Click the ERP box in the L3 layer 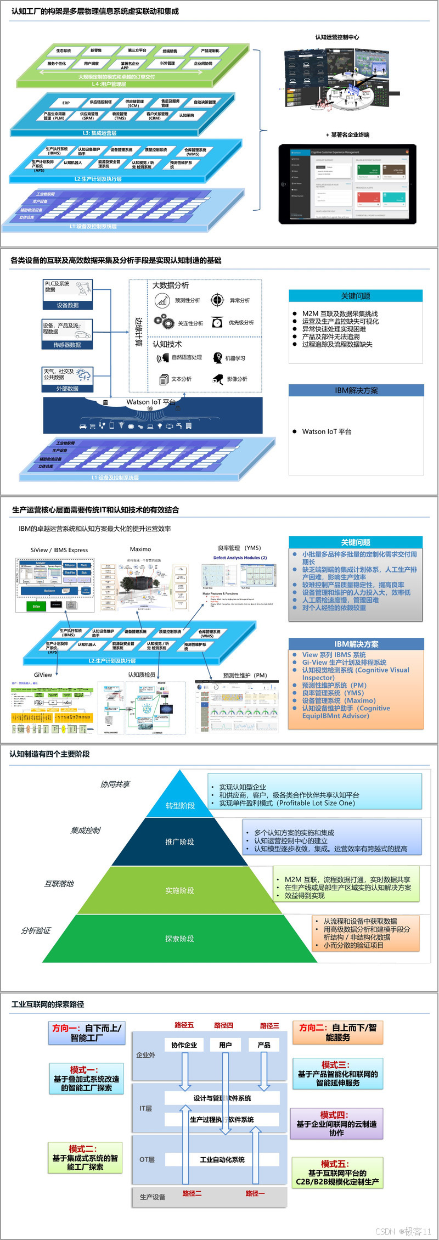66,103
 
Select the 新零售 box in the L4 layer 96,51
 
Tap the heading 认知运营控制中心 337,37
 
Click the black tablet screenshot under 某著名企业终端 347,183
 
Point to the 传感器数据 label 67,345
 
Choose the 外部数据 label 67,388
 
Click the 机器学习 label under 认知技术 235,358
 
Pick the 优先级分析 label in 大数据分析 241,323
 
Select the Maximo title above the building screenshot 140,549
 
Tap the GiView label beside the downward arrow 43,675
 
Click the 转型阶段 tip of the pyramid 180,805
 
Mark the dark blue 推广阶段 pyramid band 179,841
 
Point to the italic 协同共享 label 115,784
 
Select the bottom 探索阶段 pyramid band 179,939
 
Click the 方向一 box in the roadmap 87,1033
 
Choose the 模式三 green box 337,1074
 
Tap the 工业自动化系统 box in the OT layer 222,1160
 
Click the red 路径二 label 192,1193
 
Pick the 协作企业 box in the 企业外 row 184,1045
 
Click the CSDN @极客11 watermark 403,1231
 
